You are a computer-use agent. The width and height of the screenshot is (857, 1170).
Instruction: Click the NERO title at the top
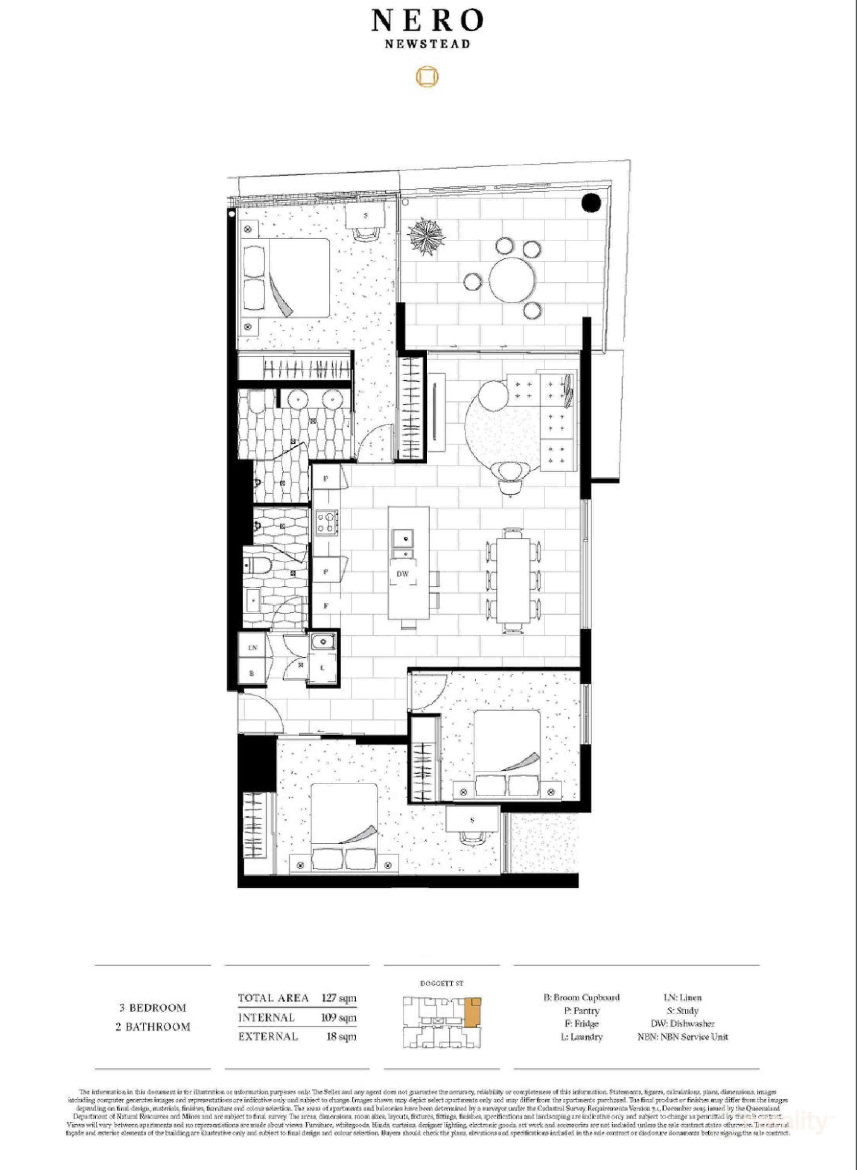click(428, 22)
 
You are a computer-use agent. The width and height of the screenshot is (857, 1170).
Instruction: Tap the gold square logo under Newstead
click(428, 77)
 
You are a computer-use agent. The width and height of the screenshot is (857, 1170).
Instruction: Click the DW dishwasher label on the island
click(403, 574)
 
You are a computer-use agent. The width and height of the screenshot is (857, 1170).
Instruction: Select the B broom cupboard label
click(252, 673)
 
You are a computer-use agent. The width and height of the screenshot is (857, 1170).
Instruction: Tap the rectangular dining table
click(513, 581)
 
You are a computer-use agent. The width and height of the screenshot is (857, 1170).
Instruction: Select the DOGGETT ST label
click(442, 983)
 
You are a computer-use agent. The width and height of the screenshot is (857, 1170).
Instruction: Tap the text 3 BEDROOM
click(153, 1008)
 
